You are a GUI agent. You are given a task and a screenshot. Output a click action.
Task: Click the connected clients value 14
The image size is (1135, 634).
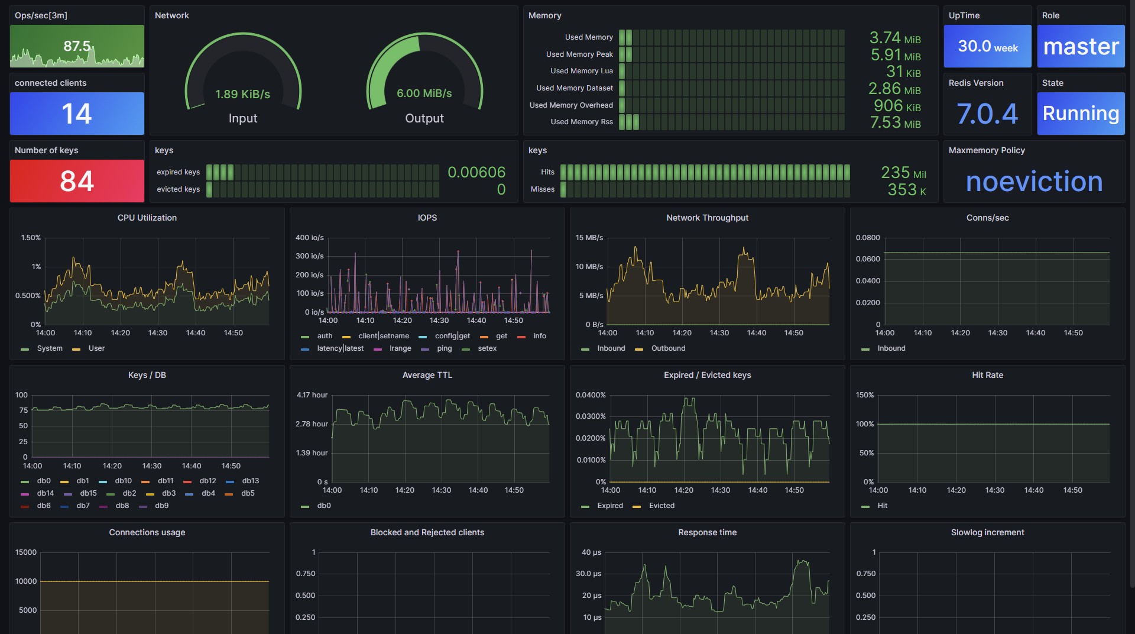coord(77,114)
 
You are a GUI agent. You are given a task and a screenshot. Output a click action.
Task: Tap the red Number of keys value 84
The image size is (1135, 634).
coord(77,181)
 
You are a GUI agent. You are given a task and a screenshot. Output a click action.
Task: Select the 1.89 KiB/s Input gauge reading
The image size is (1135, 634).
coord(242,94)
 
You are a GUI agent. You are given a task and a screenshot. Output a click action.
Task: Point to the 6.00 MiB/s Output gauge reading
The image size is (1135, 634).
coord(424,93)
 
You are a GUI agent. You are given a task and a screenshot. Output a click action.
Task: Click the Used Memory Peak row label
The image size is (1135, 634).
coord(579,54)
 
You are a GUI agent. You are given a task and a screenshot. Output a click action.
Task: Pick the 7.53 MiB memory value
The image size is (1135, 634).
coord(895,122)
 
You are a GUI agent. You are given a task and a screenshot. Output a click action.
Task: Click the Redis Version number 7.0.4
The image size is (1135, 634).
coord(987,114)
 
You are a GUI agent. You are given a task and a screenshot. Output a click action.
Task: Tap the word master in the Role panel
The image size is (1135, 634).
coord(1081,46)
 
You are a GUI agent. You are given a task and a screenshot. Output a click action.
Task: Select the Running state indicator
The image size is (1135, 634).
coord(1081,113)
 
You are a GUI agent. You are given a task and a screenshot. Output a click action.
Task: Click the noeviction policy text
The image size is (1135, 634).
coord(1034,182)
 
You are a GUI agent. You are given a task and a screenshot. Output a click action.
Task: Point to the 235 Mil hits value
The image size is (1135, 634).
coord(903,173)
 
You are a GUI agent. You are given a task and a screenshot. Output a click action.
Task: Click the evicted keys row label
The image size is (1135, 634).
coord(178,189)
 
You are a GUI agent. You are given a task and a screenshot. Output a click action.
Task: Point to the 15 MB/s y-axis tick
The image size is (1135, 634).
coord(589,238)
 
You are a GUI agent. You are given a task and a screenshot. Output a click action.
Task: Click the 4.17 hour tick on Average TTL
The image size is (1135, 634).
coord(312,395)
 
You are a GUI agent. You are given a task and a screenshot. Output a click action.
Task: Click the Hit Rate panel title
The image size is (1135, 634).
coord(987,375)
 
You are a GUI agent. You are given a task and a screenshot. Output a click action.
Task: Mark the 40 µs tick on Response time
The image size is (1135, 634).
coord(591,552)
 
